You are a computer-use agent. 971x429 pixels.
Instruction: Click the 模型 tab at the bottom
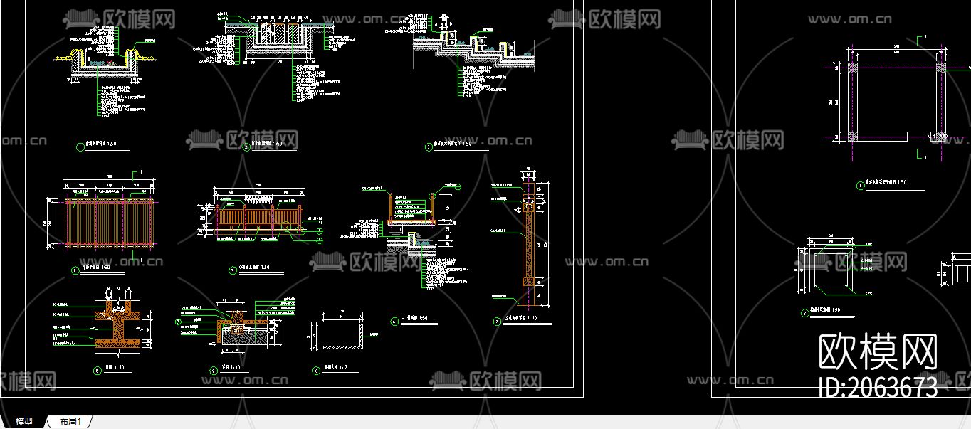24,422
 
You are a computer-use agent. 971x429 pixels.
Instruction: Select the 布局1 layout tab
70,422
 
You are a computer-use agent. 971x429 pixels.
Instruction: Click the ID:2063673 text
878,388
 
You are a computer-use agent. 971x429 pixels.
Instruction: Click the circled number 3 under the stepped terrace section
429,147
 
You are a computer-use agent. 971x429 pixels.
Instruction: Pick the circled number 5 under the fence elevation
232,270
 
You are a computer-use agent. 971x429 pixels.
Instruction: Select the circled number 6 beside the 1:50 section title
394,321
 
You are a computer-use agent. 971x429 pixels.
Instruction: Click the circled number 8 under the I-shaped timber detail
98,370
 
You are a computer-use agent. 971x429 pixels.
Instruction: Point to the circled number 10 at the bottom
316,370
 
